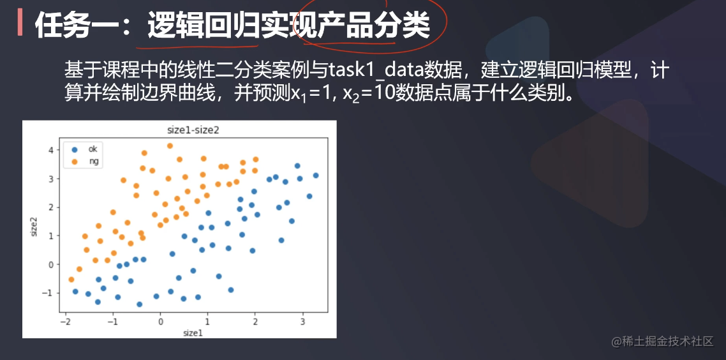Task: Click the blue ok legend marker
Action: pos(75,149)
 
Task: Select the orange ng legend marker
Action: pos(75,161)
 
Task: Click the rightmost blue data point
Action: pos(315,176)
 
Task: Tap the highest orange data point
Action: pos(170,146)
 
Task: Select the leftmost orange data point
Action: pos(71,280)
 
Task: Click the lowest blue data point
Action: pos(139,304)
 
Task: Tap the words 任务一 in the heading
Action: pos(73,26)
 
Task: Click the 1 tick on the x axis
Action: pos(208,320)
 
